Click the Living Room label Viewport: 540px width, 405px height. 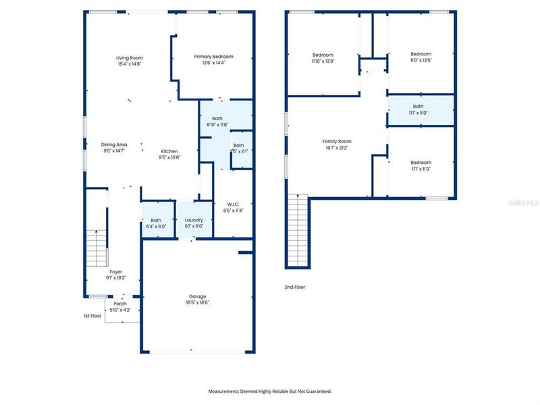point(130,58)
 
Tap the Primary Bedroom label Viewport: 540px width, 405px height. point(213,57)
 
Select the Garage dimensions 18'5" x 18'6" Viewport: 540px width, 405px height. point(197,302)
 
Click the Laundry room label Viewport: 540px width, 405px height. point(194,220)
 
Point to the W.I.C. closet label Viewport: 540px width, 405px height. point(234,204)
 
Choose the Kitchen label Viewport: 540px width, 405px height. point(169,151)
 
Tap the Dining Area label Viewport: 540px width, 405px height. point(114,144)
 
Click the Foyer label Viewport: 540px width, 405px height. point(116,272)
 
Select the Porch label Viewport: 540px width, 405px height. point(119,304)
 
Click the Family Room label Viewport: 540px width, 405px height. point(336,141)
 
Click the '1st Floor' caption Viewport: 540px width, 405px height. point(92,316)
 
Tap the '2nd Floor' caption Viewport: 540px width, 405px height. point(294,287)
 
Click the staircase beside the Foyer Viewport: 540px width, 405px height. point(97,247)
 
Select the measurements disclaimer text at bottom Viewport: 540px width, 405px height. point(269,391)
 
